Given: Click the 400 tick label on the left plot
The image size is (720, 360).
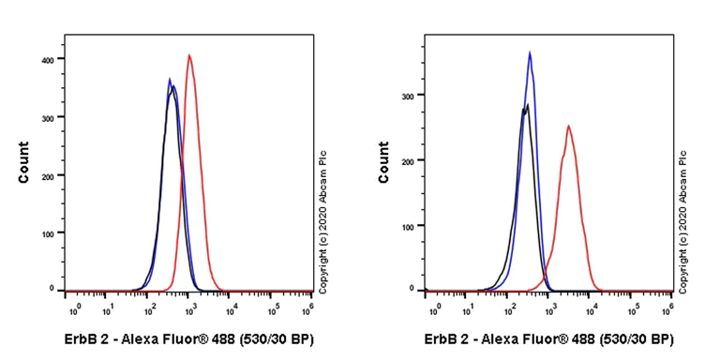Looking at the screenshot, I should [54, 59].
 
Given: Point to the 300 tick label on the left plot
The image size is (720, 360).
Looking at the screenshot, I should [54, 117].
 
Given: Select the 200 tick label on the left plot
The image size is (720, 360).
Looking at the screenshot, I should [54, 175].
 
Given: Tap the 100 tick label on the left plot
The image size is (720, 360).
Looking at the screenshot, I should [54, 232].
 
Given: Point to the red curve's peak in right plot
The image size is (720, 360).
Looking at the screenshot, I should [568, 126].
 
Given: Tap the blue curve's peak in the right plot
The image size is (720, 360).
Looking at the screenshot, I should [530, 52].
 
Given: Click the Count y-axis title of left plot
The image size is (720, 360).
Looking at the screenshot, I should [23, 162].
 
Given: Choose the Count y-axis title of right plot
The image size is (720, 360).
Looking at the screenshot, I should [383, 162].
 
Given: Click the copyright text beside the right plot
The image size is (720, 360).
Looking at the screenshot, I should [683, 220].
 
